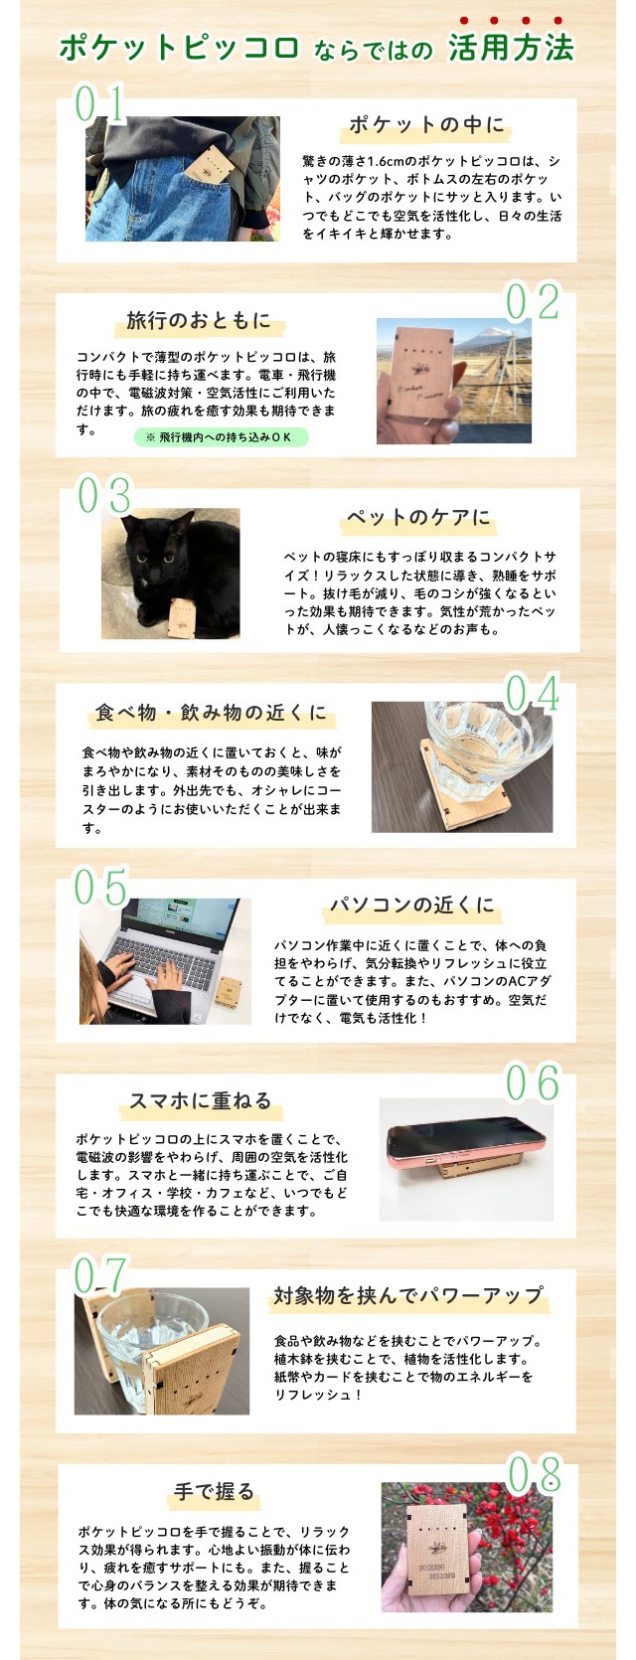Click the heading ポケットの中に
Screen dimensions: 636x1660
coord(426,124)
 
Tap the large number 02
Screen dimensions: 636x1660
coord(533,302)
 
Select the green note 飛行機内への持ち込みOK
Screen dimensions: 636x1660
coord(221,437)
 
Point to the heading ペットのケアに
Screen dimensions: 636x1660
coord(418,517)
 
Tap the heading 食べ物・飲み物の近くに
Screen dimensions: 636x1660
coord(212,712)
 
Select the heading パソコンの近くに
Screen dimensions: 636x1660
coord(412,905)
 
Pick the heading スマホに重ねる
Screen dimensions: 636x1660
coord(201,1100)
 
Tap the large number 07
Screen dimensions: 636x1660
coord(100,1276)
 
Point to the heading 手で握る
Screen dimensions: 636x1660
coord(215,1491)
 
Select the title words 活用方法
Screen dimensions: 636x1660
coord(511,48)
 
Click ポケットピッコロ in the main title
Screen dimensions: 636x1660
coord(179,48)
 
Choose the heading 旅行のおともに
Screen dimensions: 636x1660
coord(199,320)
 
